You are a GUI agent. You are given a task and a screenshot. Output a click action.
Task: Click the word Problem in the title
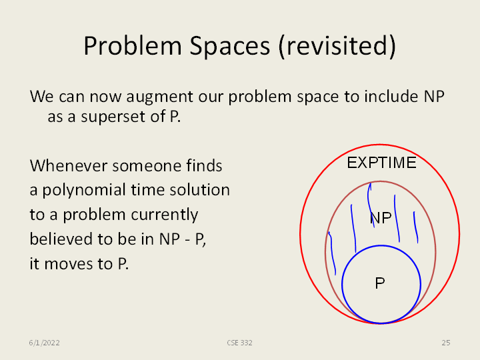coord(133,45)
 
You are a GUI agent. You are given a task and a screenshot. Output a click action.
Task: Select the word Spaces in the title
coord(229,46)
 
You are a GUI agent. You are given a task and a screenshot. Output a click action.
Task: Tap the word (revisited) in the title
coord(337,46)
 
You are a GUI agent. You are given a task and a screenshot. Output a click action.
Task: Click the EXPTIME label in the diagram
coord(381,163)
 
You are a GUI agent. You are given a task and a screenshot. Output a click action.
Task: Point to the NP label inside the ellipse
coord(381,218)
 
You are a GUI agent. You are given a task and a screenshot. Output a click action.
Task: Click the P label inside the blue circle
coord(380,283)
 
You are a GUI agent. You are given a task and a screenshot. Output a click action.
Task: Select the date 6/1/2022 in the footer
coord(45,343)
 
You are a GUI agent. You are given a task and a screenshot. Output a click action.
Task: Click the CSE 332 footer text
coord(240,343)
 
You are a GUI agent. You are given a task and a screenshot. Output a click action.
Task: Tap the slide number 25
coord(446,343)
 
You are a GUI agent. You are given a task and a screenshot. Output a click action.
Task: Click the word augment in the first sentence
coord(159,97)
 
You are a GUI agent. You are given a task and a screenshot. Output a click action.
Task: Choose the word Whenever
coord(69,165)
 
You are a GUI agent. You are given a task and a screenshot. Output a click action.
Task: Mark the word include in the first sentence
coord(391,97)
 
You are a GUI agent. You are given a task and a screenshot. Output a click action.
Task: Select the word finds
coord(204,165)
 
